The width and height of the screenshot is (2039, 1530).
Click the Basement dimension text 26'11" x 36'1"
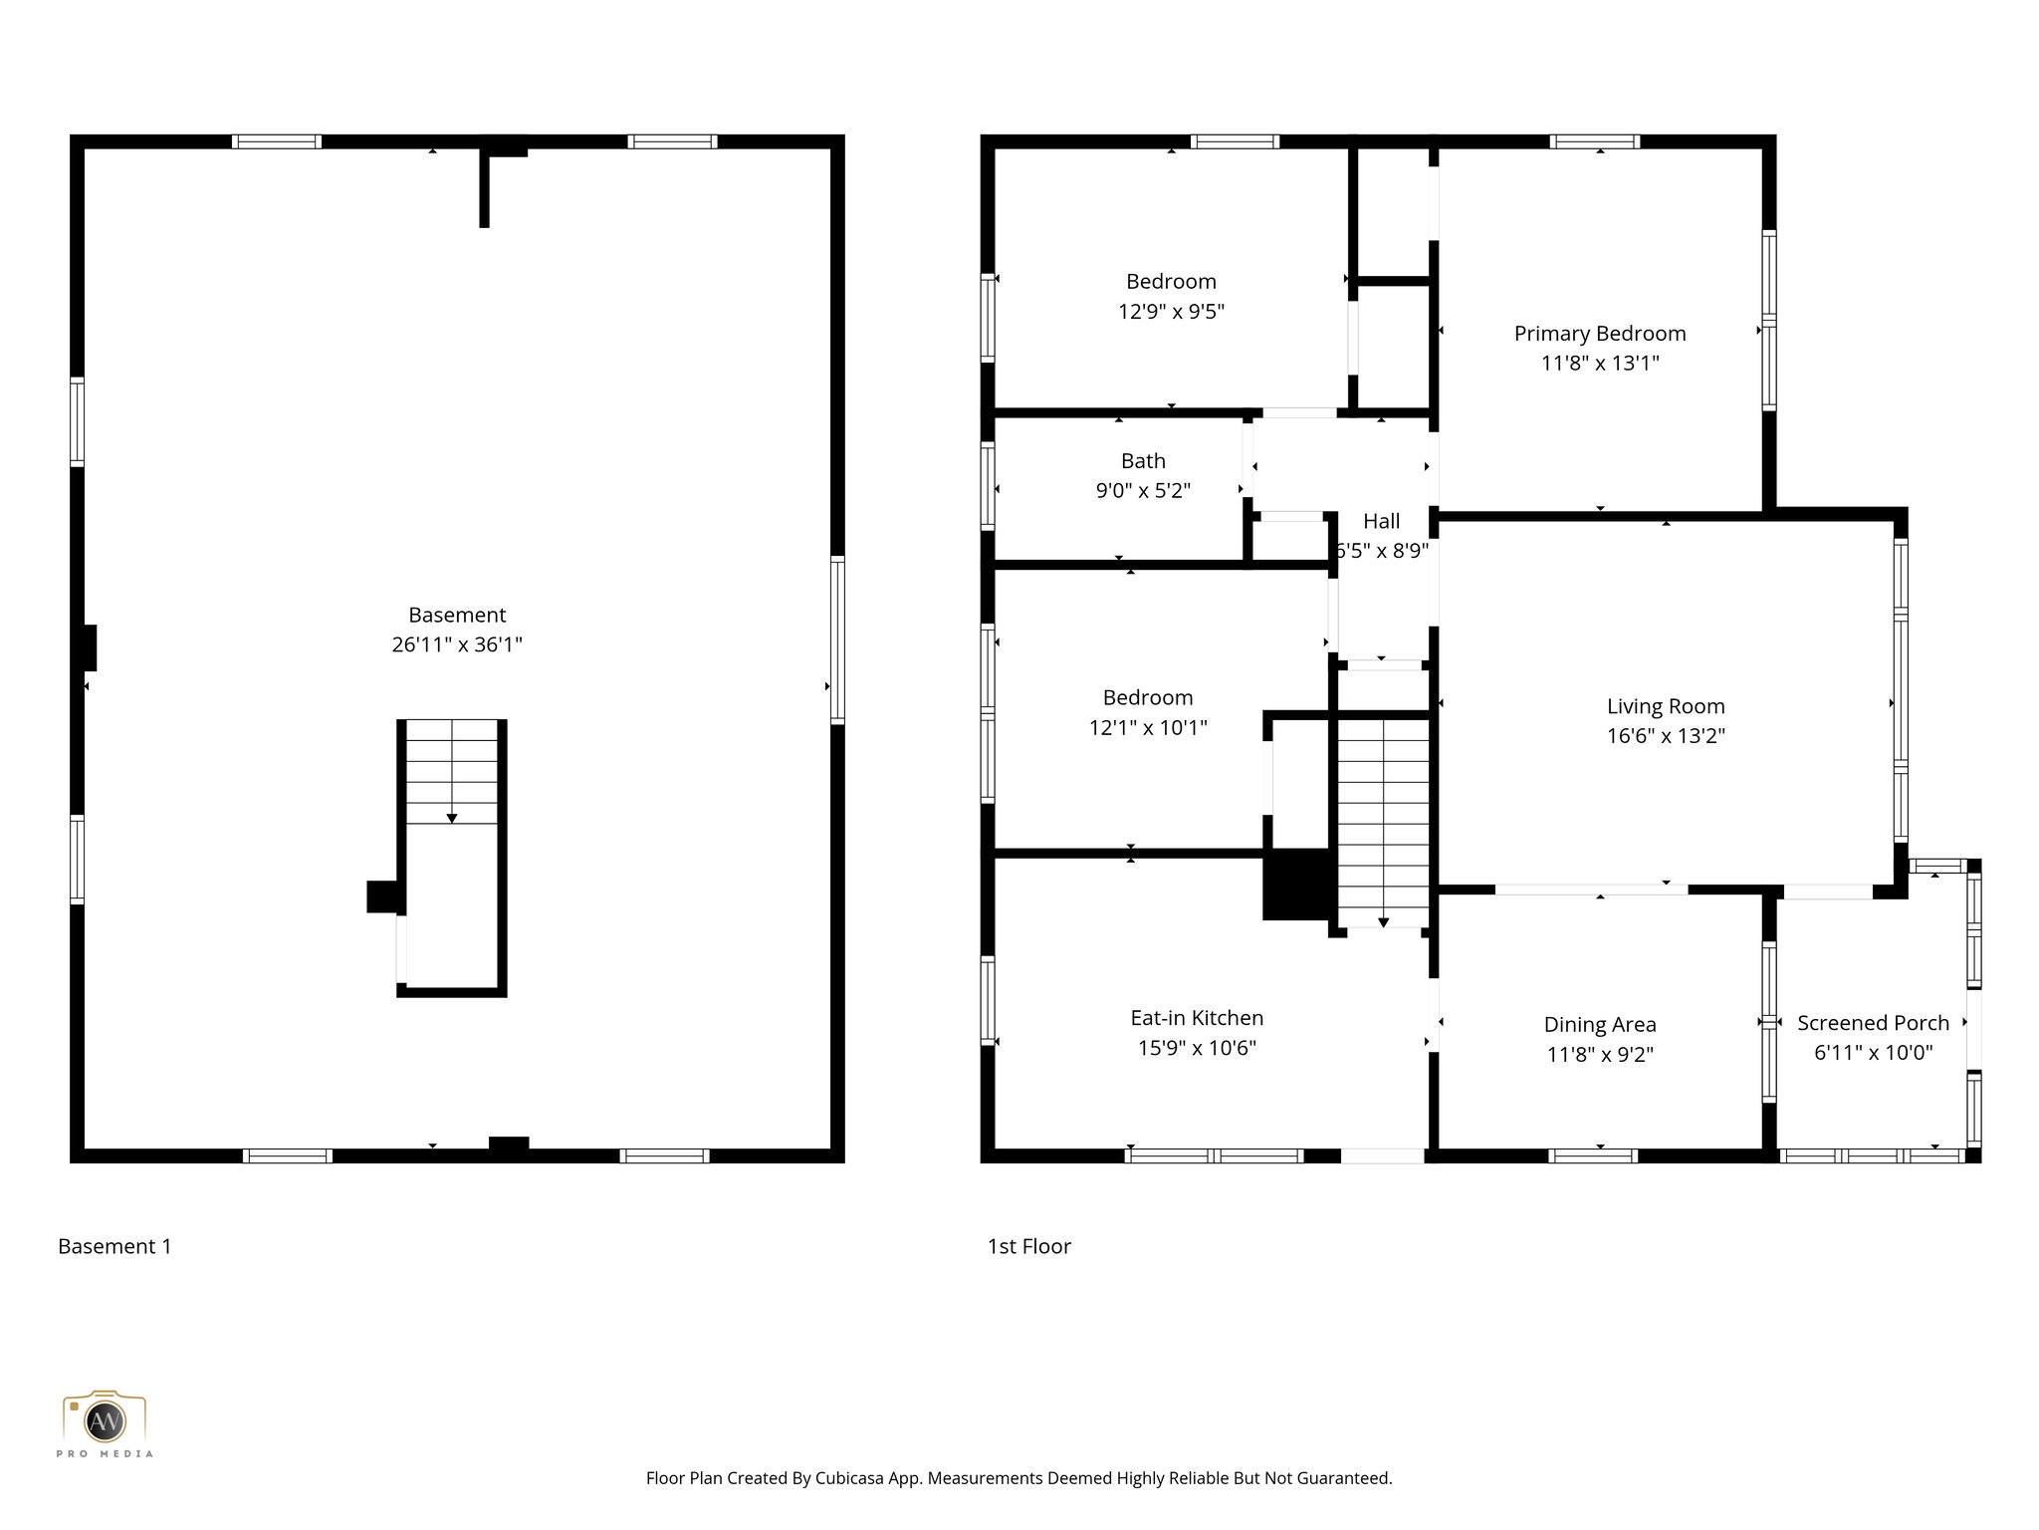point(457,644)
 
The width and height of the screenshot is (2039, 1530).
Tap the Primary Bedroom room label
point(1600,334)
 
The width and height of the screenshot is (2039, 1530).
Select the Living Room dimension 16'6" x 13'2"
point(1666,736)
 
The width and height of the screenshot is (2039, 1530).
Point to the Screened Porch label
point(1873,1023)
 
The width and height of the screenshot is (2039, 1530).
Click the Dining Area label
point(1600,1025)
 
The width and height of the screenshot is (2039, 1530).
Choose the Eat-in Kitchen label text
point(1197,1018)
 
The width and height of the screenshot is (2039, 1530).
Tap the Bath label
point(1143,461)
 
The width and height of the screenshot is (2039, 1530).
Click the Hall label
point(1381,521)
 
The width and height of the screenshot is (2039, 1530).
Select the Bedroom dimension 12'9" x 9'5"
point(1171,312)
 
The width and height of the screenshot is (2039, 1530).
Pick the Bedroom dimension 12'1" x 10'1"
point(1148,728)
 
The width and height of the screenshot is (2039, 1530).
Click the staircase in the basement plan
point(452,772)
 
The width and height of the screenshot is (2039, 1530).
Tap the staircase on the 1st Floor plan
point(1383,822)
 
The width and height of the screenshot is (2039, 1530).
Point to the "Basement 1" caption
point(114,1246)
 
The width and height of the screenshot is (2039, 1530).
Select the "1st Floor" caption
point(1028,1246)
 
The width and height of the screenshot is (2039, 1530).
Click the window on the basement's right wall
point(837,639)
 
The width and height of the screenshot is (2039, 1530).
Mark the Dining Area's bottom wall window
point(1592,1155)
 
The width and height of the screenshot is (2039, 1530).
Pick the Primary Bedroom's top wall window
point(1594,141)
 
